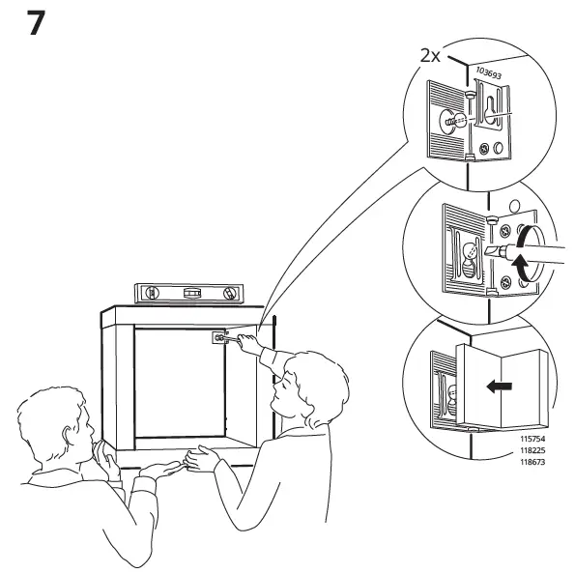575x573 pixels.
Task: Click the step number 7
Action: [x=34, y=22]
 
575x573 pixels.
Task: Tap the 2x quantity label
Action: [x=430, y=56]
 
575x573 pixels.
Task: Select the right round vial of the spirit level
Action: [x=228, y=293]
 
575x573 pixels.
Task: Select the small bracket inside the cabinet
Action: [x=218, y=337]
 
